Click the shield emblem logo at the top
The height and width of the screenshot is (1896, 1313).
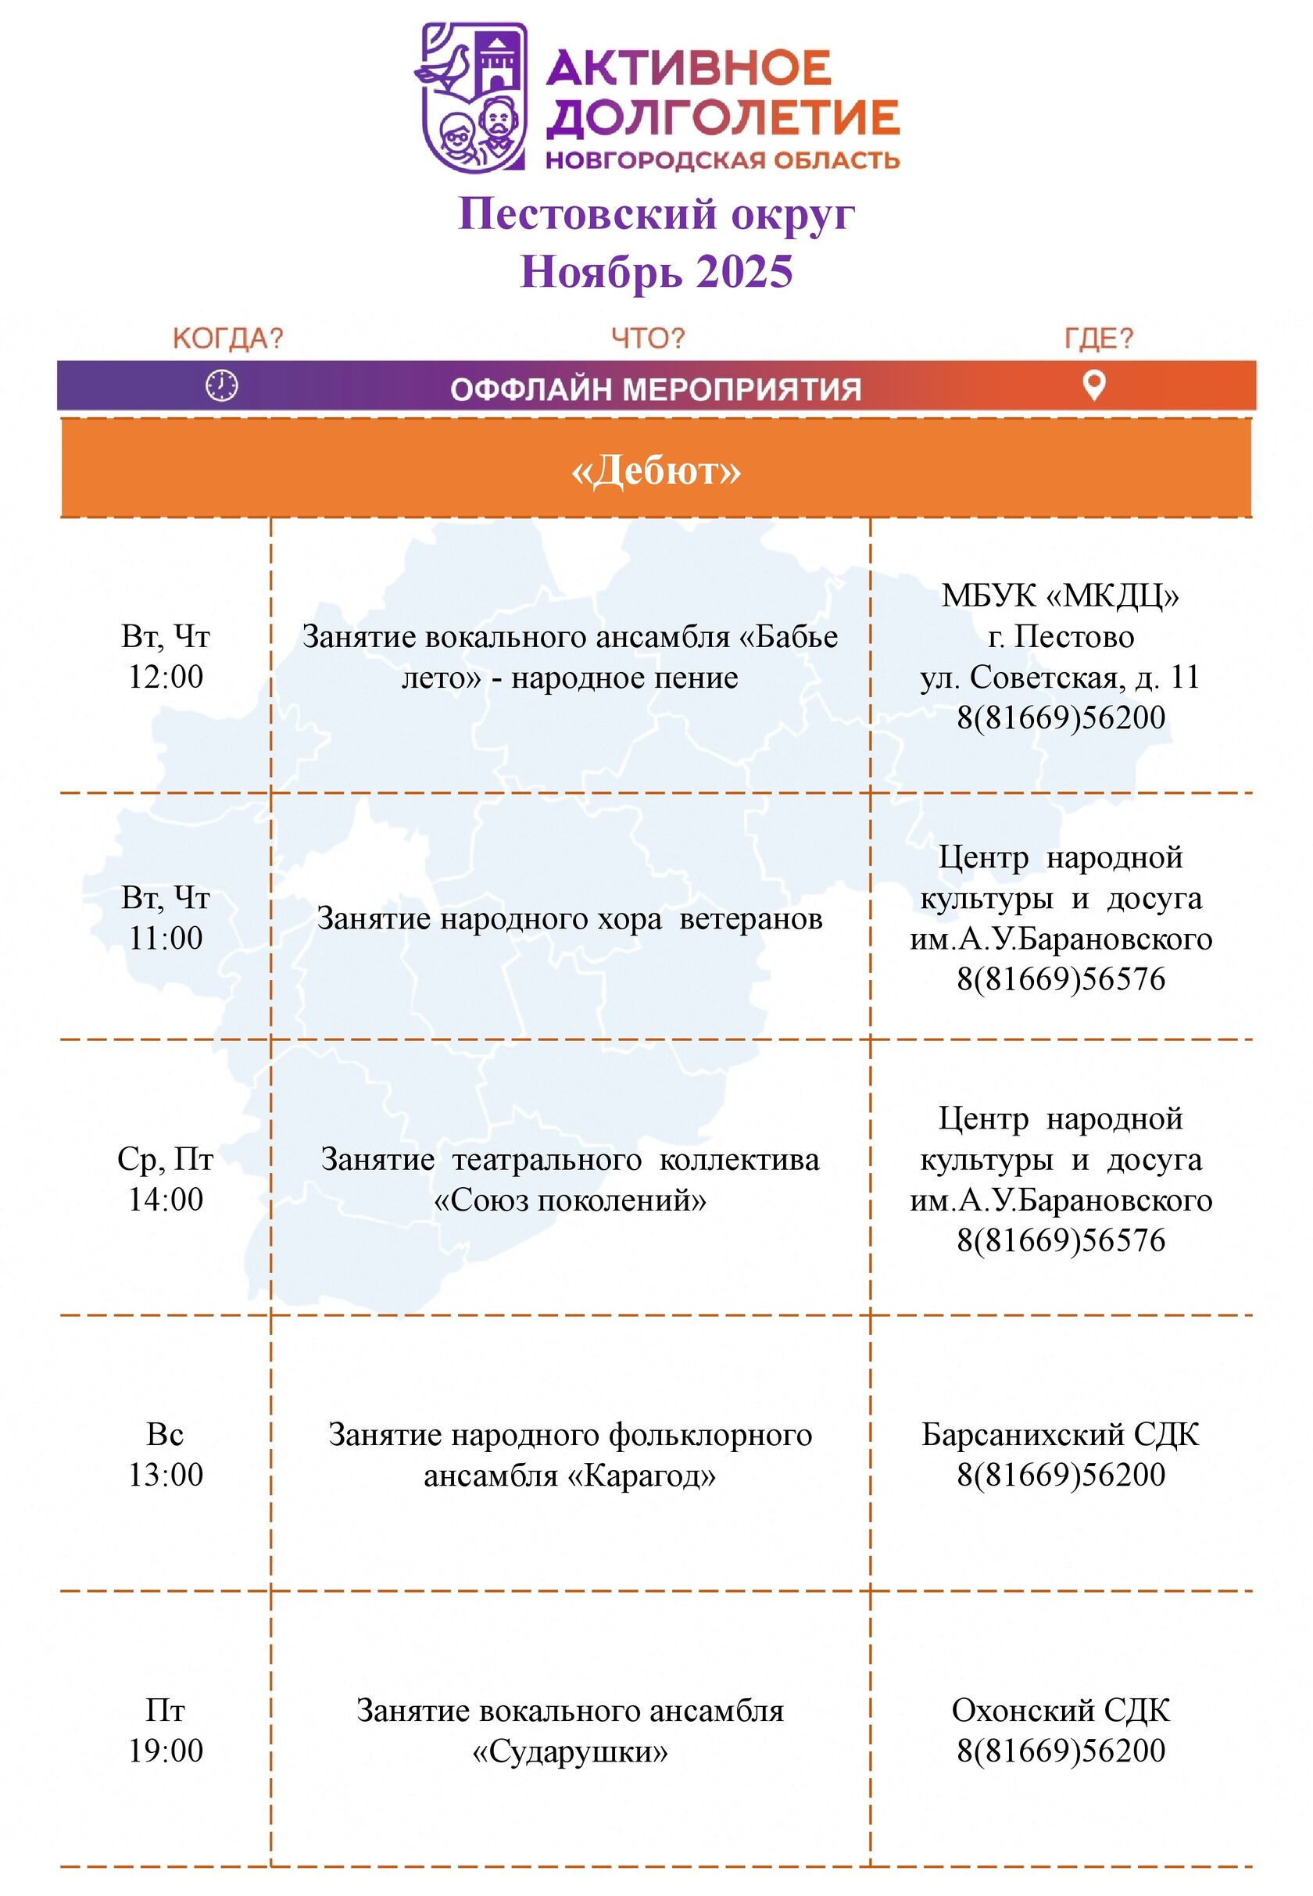[x=473, y=97]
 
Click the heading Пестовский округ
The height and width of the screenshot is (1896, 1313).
[x=656, y=214]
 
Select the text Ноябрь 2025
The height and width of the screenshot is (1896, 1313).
[x=656, y=271]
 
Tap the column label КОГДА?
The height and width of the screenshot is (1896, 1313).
[x=227, y=338]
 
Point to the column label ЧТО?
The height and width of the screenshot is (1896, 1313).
[x=647, y=338]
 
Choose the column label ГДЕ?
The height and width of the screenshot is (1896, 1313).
[x=1098, y=338]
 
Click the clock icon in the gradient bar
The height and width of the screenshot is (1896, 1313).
[x=221, y=385]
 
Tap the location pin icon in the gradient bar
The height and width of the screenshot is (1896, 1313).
[x=1093, y=385]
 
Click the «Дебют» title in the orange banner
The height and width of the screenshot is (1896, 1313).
[x=656, y=470]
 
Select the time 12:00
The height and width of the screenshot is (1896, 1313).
[x=166, y=677]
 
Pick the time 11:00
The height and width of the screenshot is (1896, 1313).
[x=166, y=938]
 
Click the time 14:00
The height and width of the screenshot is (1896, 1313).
[x=166, y=1200]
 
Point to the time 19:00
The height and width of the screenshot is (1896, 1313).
[x=166, y=1751]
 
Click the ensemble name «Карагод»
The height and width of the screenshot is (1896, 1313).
[x=641, y=1475]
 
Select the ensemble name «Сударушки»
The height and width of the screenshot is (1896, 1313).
[x=569, y=1751]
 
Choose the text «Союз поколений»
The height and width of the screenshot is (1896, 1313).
[x=569, y=1200]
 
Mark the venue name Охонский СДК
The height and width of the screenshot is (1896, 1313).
[x=1060, y=1710]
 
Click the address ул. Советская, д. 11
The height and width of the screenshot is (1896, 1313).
[x=1060, y=677]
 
